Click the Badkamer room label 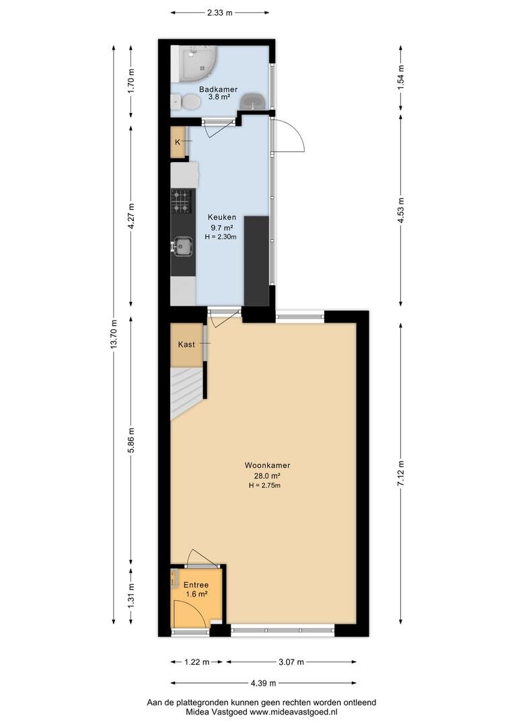point(218,89)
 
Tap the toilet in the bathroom point(186,102)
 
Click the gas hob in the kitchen point(181,202)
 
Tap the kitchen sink point(182,246)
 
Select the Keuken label point(222,217)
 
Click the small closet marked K point(178,142)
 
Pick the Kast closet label point(186,344)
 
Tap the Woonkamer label point(268,465)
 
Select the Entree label point(196,585)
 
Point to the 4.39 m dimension point(263,683)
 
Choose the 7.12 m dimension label point(401,473)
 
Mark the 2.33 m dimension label point(220,13)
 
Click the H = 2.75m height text point(264,485)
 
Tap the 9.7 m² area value point(221,227)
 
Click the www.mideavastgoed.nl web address point(293,712)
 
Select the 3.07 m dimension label point(291,662)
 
